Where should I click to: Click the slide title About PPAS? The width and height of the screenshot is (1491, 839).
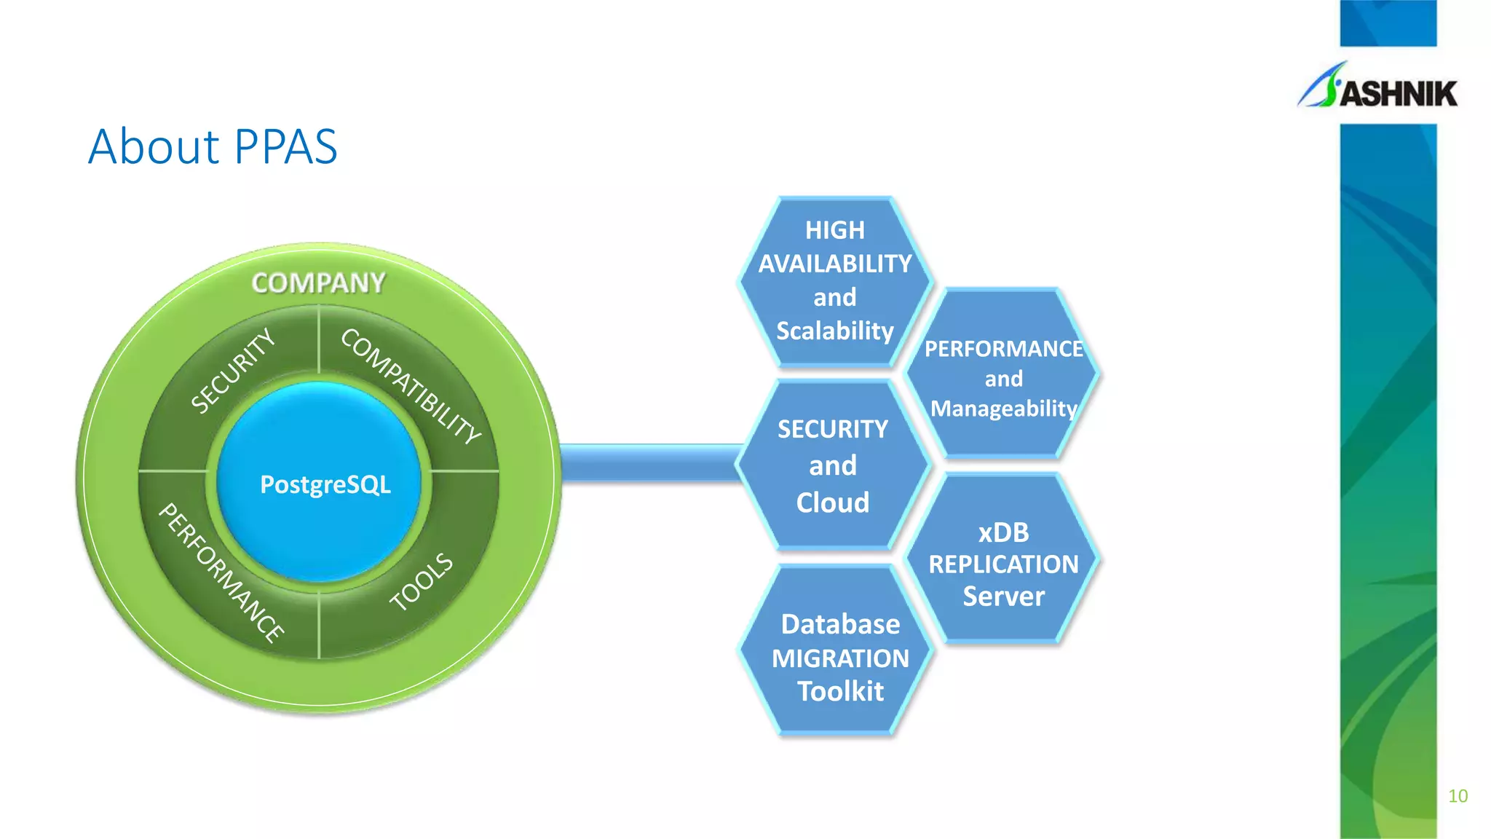(x=213, y=147)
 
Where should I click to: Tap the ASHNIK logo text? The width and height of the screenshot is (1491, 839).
(x=1399, y=94)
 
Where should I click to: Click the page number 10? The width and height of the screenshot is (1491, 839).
(x=1458, y=796)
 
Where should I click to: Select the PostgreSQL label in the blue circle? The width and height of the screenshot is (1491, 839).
(x=325, y=484)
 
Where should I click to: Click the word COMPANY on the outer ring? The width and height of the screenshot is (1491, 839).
(x=318, y=283)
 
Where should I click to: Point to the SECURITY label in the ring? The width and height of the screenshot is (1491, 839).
(x=233, y=371)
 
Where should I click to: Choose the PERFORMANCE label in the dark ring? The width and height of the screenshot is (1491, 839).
(x=221, y=572)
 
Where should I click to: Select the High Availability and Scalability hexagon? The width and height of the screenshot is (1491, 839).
(x=835, y=280)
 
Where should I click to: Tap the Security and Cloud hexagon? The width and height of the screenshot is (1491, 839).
(x=833, y=465)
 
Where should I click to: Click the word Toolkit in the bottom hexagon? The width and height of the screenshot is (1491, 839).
(x=840, y=691)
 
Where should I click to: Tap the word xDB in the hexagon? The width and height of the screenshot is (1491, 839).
(x=1003, y=532)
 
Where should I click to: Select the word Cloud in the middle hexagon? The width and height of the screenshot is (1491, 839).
(x=833, y=503)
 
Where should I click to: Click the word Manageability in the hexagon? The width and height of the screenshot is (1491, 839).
(x=1003, y=409)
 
